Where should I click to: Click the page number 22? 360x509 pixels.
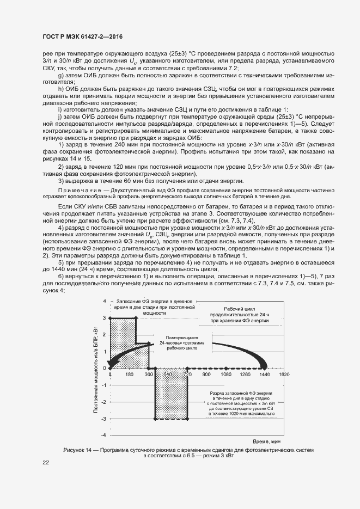(45, 462)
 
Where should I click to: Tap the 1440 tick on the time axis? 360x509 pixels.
(264, 375)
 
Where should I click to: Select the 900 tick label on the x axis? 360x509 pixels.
(206, 375)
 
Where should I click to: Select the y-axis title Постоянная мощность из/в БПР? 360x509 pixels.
(96, 368)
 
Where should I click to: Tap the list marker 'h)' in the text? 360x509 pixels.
(60, 88)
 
